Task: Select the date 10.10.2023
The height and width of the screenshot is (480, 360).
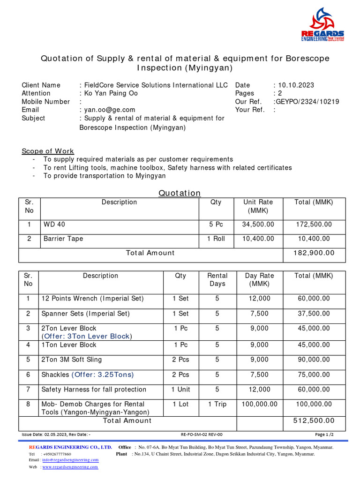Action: [x=295, y=85]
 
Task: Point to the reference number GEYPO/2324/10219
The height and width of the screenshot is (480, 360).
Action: [x=307, y=101]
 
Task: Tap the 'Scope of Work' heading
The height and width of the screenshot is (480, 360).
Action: [x=48, y=151]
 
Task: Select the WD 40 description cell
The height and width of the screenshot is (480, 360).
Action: [x=54, y=225]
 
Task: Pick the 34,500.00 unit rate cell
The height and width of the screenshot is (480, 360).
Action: [x=258, y=225]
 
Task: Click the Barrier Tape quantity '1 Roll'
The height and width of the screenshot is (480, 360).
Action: [x=216, y=239]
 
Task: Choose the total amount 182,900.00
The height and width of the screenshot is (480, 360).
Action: [x=314, y=253]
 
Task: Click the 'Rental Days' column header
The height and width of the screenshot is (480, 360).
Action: [x=217, y=279]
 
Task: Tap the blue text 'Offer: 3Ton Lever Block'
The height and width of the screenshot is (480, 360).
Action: [x=87, y=336]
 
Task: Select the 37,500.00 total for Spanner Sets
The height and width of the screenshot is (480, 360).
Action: [x=314, y=313]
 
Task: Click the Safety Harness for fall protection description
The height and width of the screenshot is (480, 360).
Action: [x=94, y=389]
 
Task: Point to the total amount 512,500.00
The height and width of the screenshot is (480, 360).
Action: [x=314, y=420]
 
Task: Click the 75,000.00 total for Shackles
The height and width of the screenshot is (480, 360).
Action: [x=314, y=374]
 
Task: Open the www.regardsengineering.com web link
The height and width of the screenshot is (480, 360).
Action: [x=70, y=467]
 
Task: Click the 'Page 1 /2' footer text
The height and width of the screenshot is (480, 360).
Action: [x=324, y=435]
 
